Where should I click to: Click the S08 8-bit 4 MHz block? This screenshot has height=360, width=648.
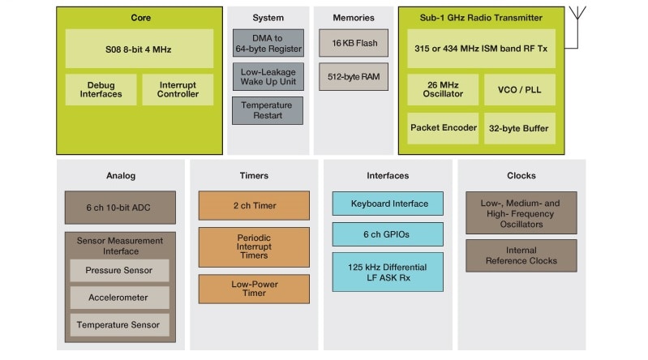coord(139,49)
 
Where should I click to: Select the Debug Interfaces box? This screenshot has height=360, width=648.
coord(101,89)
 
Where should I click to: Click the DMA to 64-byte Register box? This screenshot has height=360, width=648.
coord(267,43)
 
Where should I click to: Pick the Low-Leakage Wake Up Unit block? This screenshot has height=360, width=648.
coord(267,76)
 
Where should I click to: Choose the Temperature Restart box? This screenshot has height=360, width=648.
coord(267,110)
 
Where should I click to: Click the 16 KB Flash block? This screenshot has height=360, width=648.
coord(354,43)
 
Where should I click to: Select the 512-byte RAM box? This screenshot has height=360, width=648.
coord(354,77)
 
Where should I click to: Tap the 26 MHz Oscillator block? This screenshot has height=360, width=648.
coord(443,89)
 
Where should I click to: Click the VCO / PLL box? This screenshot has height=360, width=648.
coord(519,89)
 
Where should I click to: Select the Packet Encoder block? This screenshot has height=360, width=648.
coord(443,128)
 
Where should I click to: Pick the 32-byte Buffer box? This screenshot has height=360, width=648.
coord(519,128)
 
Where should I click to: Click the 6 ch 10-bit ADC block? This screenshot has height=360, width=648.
coord(120,207)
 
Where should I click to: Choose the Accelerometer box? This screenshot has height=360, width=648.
coord(119,298)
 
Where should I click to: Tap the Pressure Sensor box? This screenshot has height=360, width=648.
coord(119,271)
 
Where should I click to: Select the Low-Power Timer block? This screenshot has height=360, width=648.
coord(254,289)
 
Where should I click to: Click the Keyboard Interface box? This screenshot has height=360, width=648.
coord(387,204)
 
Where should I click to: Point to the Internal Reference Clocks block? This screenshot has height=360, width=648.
coord(521,255)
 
